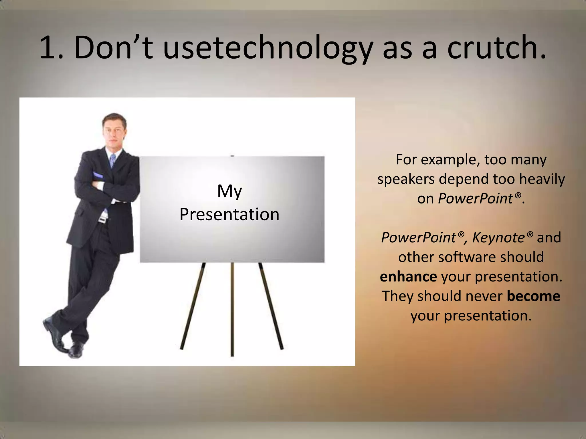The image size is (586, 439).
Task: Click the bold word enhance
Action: [x=408, y=277]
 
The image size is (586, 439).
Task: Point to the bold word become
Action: [x=533, y=296]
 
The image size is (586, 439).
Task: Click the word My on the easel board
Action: [x=229, y=191]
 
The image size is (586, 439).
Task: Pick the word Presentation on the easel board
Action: [x=229, y=214]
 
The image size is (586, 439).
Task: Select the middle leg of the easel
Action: [x=232, y=309]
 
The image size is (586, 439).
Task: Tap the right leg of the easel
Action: [x=271, y=306]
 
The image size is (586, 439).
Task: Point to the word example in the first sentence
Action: [x=450, y=159]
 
